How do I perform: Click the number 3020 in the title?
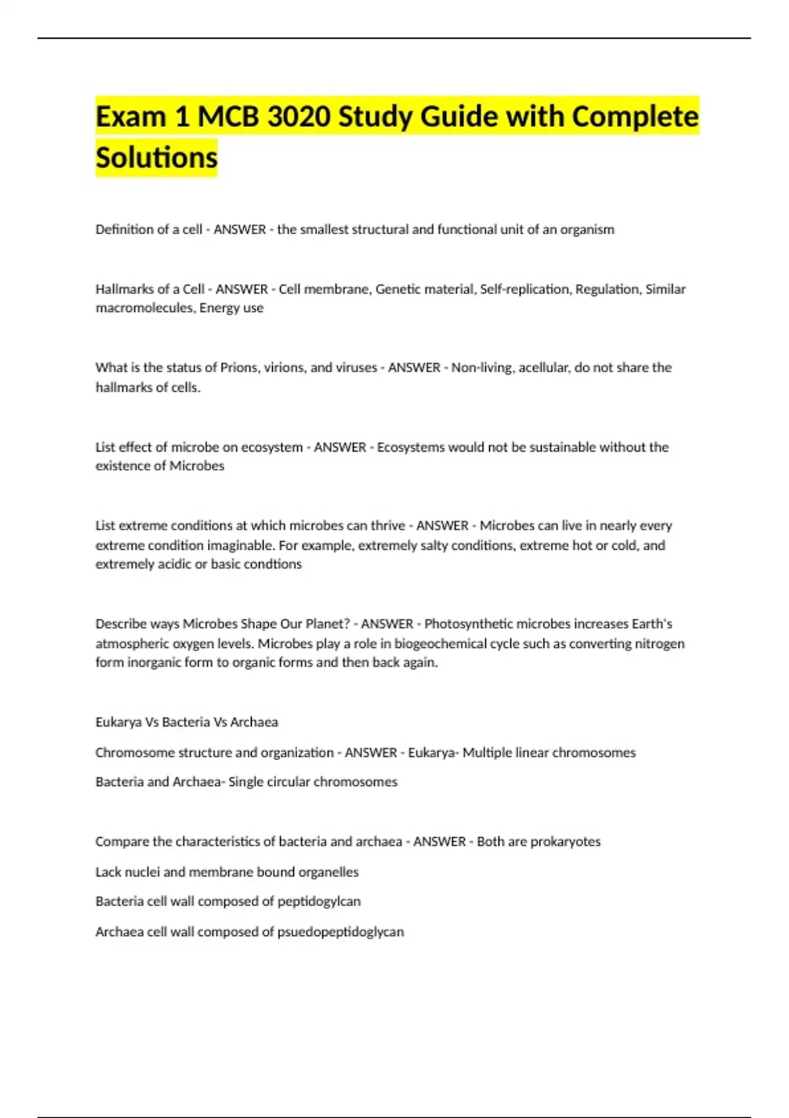point(299,116)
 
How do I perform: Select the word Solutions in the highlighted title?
point(156,157)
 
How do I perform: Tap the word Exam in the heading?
point(130,116)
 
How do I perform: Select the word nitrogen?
point(659,643)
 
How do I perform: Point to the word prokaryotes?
point(565,841)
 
